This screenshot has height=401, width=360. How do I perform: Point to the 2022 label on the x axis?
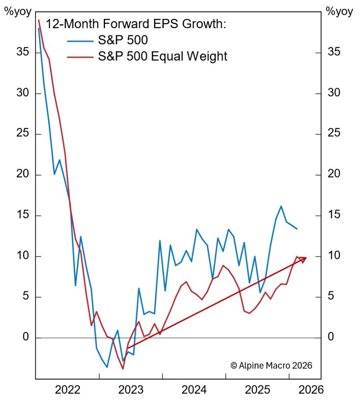[68, 390]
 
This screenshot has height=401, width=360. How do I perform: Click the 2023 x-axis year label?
[131, 390]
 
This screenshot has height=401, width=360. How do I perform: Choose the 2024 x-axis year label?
[194, 390]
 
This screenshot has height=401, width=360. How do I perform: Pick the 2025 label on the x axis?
[257, 390]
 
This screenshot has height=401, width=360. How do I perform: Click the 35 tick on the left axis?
[21, 53]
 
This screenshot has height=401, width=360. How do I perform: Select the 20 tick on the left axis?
[21, 175]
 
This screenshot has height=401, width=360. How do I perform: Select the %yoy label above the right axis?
[339, 11]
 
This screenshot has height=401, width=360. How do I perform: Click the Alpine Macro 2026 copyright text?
[271, 365]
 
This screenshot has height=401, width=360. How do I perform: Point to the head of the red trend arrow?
[305, 258]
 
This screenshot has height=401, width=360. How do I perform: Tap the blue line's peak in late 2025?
[281, 206]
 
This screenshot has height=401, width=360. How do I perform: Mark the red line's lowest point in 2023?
[123, 369]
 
